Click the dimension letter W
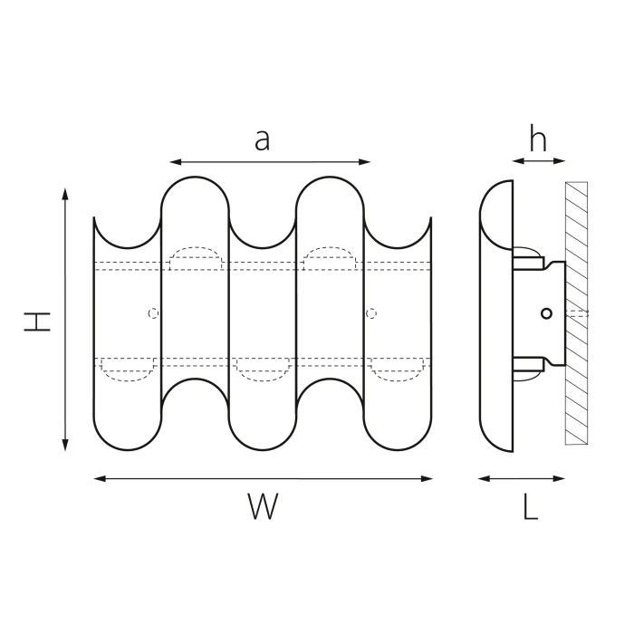(263, 505)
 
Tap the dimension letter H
(37, 322)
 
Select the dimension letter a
(262, 139)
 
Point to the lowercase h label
(538, 139)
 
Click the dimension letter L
(531, 506)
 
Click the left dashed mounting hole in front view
(153, 313)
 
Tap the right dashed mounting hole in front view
(371, 313)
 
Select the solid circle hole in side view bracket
(546, 313)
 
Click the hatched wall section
(577, 313)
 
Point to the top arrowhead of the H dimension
(65, 194)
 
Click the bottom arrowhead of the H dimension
(65, 446)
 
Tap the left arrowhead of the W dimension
(100, 479)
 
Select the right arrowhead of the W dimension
(427, 479)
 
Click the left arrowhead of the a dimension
(175, 162)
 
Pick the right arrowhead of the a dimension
(365, 162)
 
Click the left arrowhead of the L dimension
(484, 479)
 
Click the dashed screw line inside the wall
(578, 313)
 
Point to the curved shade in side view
(496, 316)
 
